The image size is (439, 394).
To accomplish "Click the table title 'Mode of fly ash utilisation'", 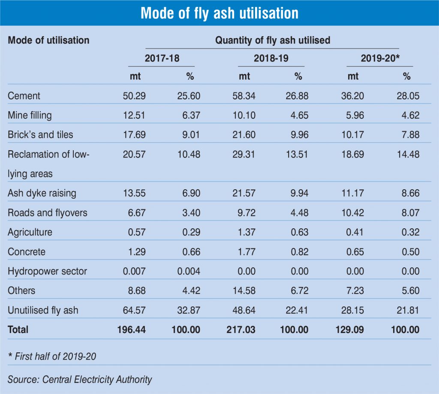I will point(219,13).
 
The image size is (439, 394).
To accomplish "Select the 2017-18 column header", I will point(162,58).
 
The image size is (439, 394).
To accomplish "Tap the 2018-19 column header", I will point(271,58).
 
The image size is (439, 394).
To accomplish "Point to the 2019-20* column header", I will point(380,58).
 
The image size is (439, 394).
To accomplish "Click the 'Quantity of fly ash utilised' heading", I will point(273,40).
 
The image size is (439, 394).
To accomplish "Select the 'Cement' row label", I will point(24,96).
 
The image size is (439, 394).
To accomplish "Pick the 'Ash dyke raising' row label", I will point(42,193).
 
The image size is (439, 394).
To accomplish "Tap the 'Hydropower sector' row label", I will point(47,271).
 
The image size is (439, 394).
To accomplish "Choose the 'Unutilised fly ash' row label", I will point(43,310).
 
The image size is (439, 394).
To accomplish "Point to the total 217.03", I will point(241,330).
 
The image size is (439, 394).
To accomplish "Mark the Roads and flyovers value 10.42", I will point(352,213).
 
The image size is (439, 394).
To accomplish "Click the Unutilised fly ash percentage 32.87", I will point(189,310).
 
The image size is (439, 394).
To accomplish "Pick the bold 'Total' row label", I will point(18,330).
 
